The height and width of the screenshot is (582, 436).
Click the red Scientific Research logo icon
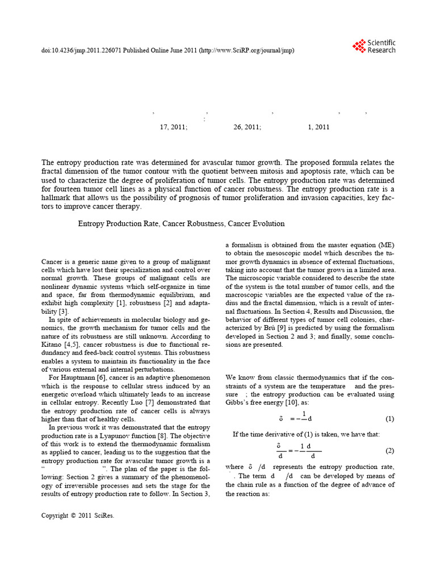(x=359, y=45)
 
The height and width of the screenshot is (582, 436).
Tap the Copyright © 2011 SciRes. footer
(x=77, y=516)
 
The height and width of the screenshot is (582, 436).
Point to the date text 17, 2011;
(x=173, y=127)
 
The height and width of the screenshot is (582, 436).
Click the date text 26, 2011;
(x=247, y=127)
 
